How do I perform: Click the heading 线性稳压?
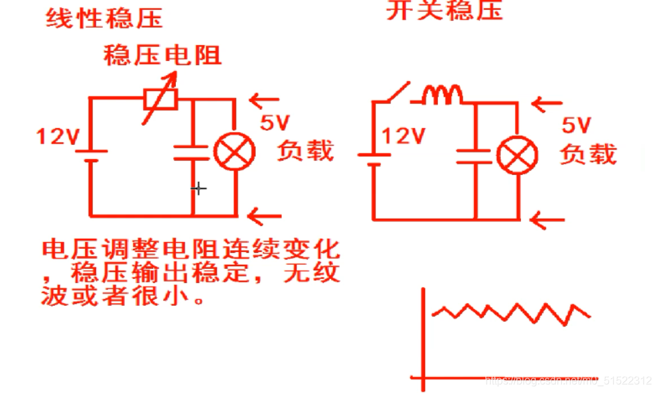click(104, 18)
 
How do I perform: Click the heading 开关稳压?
click(444, 11)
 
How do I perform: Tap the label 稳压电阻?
click(162, 55)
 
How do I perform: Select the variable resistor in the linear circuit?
click(162, 99)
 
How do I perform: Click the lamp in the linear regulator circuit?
click(234, 151)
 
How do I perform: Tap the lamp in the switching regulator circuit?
click(517, 156)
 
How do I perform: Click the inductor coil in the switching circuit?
click(443, 96)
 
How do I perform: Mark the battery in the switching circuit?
click(373, 160)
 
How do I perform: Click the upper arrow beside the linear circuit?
click(264, 101)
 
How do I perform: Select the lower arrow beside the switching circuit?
click(545, 219)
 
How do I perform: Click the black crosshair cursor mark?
click(198, 188)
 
